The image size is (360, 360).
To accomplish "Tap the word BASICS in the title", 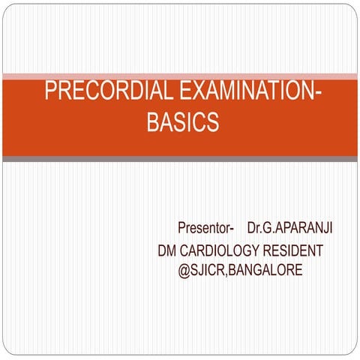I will pos(182,122).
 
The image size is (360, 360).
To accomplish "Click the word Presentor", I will pos(204,227).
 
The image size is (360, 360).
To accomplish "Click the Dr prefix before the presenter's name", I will pos(254,227).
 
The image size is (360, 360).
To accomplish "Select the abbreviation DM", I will pos(167,250).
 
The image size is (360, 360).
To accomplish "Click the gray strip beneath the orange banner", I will pos(180,159).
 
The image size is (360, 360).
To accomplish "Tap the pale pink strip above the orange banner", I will pos(180,76).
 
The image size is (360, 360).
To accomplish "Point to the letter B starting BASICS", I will pos(153,122).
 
